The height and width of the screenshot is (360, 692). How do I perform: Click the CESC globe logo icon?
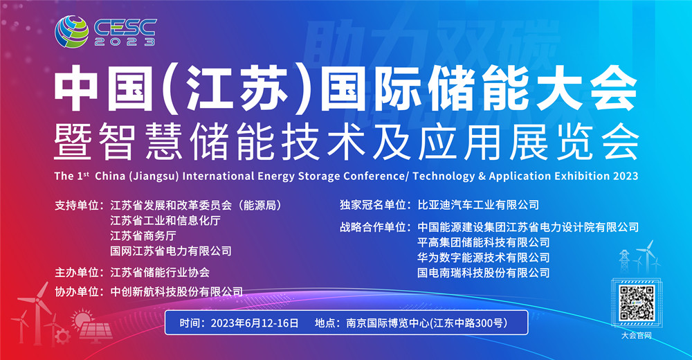[x=71, y=31]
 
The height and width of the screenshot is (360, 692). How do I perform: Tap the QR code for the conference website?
[x=637, y=303]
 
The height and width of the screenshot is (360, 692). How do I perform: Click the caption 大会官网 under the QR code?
[x=637, y=335]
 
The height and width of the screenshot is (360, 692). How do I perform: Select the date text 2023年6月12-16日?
[x=255, y=323]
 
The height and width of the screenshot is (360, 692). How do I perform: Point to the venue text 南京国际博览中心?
[x=388, y=323]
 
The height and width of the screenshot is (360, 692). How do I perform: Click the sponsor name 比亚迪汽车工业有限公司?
[x=478, y=205]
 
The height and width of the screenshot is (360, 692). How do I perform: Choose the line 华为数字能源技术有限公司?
[x=484, y=258]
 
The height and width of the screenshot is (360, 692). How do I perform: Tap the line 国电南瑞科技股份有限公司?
[x=484, y=273]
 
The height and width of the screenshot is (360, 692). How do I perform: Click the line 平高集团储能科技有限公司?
[x=484, y=242]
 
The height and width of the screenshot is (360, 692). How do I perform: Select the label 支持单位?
[x=76, y=206]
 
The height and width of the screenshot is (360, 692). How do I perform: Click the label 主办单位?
[x=76, y=272]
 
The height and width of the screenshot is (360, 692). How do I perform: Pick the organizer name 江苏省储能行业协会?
[x=160, y=272]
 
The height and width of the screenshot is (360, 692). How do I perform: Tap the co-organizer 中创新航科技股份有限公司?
[x=176, y=291]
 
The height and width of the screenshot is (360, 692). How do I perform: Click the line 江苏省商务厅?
[x=143, y=236]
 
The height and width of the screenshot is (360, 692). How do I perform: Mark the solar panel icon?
[x=95, y=330]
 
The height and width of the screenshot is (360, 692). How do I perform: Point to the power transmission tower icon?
[x=624, y=260]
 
